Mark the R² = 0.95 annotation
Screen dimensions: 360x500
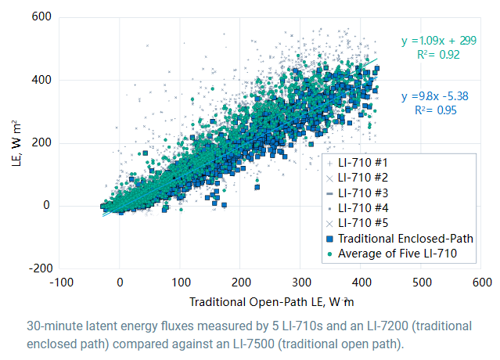[x=434, y=111]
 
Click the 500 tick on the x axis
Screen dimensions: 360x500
[x=422, y=280]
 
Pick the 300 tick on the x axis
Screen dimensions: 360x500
[x=301, y=280]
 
